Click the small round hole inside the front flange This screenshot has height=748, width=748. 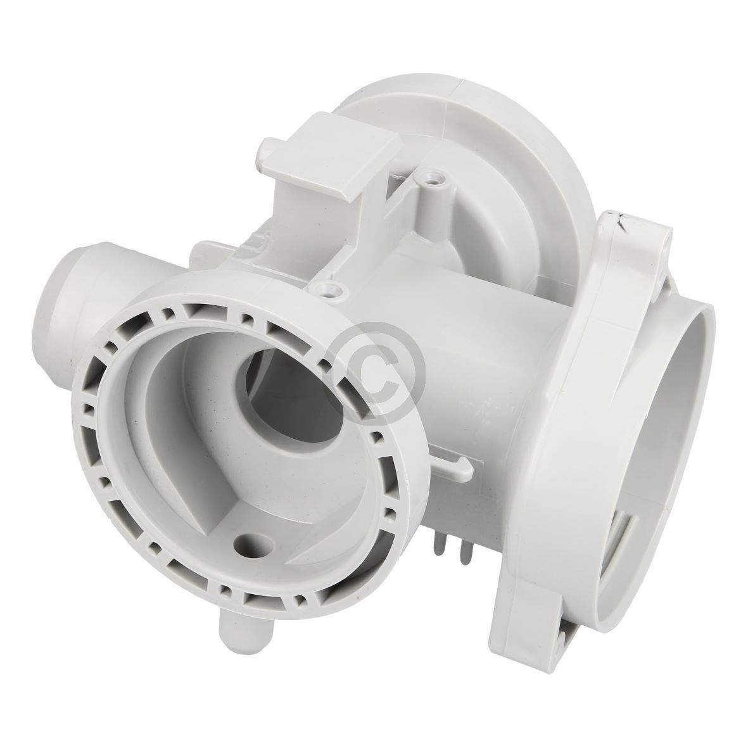[x=243, y=543]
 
